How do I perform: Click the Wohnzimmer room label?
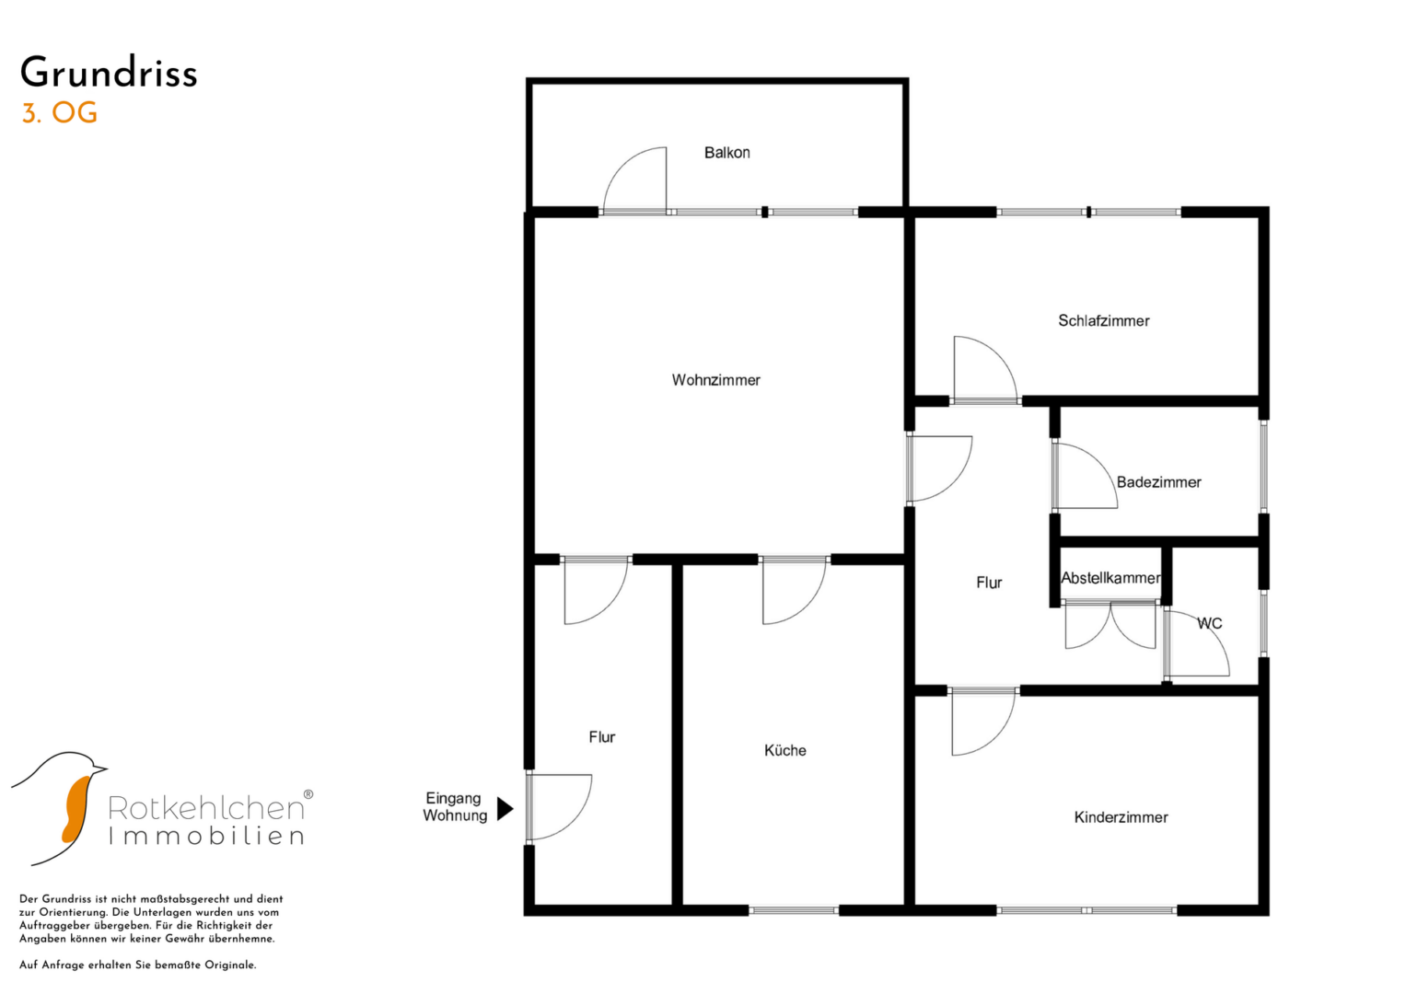(x=715, y=380)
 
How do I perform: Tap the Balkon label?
(x=726, y=153)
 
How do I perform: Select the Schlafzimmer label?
(x=1103, y=321)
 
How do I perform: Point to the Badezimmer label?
(x=1158, y=482)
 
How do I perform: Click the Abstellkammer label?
(x=1110, y=578)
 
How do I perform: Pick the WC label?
(x=1209, y=623)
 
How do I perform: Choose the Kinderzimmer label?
(x=1121, y=817)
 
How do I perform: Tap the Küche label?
(x=784, y=750)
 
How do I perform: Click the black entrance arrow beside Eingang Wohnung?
(x=505, y=808)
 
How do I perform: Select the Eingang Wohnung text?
(x=454, y=807)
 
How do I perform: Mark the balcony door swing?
(x=636, y=179)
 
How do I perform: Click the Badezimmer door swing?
(x=1084, y=477)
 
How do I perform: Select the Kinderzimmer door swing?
(x=982, y=722)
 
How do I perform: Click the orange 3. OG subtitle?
(x=60, y=113)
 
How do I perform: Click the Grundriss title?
(x=109, y=73)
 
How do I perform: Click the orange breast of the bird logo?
(x=74, y=807)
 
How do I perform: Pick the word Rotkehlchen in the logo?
(x=206, y=807)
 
